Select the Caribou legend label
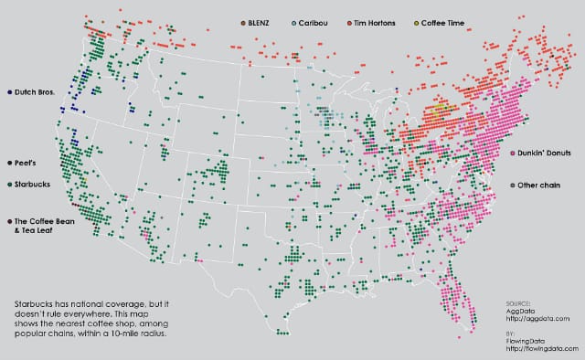click(312, 21)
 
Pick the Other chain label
click(540, 185)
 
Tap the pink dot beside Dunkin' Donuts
click(513, 152)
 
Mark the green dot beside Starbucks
click(8, 184)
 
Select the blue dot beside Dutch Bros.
click(8, 91)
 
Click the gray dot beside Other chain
click(513, 185)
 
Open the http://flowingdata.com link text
click(540, 346)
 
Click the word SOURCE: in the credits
click(518, 301)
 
